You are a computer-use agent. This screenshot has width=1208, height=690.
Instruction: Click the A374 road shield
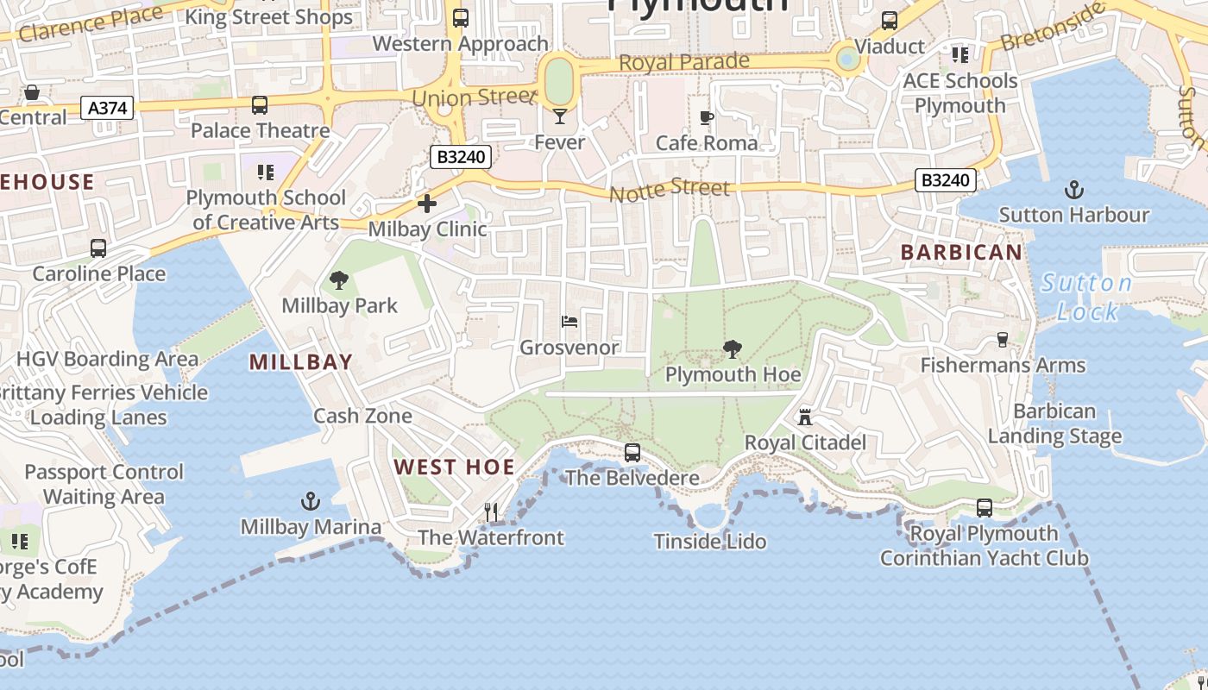pyautogui.click(x=107, y=108)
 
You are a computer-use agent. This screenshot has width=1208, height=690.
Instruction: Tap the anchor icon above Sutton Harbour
pyautogui.click(x=1074, y=189)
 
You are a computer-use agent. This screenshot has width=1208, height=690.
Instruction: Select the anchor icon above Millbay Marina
pyautogui.click(x=310, y=501)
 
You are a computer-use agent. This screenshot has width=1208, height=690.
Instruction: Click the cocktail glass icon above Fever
pyautogui.click(x=560, y=116)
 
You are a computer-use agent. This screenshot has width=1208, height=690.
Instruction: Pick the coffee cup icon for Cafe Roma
pyautogui.click(x=707, y=117)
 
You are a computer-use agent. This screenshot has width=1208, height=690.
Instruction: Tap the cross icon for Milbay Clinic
pyautogui.click(x=427, y=204)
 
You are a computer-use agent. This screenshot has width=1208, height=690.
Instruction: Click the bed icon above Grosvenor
pyautogui.click(x=569, y=322)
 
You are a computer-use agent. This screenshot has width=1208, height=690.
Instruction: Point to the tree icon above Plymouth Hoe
pyautogui.click(x=733, y=349)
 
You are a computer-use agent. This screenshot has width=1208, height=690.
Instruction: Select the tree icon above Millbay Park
pyautogui.click(x=339, y=280)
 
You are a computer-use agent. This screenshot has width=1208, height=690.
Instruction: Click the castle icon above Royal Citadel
pyautogui.click(x=805, y=417)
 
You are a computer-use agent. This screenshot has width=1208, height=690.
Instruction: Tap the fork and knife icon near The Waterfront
pyautogui.click(x=491, y=512)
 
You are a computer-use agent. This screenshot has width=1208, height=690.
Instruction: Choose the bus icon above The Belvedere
pyautogui.click(x=632, y=453)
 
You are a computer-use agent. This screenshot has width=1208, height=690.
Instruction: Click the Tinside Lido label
pyautogui.click(x=710, y=542)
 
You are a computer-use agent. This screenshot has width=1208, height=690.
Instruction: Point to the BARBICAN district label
pyautogui.click(x=961, y=253)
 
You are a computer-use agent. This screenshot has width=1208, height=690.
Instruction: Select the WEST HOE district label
pyautogui.click(x=454, y=467)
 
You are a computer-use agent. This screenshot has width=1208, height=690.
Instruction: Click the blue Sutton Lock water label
pyautogui.click(x=1086, y=297)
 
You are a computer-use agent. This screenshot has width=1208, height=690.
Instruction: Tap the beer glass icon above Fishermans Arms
pyautogui.click(x=1003, y=340)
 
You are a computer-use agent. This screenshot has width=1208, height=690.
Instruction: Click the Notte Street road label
pyautogui.click(x=670, y=191)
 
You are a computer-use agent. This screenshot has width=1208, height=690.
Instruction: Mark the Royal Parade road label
pyautogui.click(x=684, y=63)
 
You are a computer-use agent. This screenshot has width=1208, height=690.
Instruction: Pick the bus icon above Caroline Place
pyautogui.click(x=98, y=248)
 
